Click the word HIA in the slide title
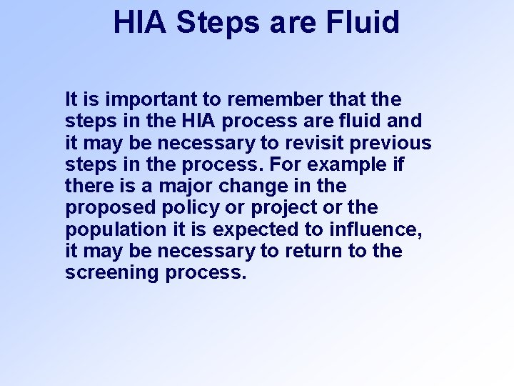click(140, 21)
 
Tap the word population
click(104, 230)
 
